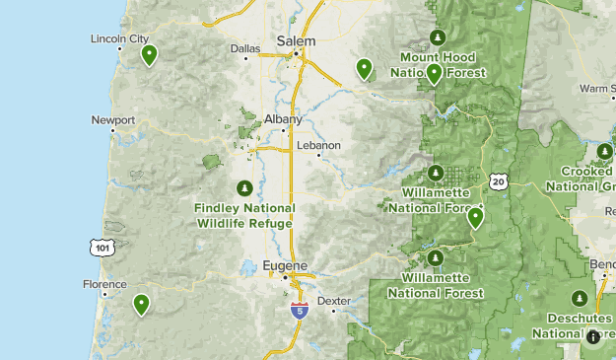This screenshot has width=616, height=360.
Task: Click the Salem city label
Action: [x=297, y=41]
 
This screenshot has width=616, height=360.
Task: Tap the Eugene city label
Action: [x=286, y=265]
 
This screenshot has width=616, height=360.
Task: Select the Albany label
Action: [x=284, y=118]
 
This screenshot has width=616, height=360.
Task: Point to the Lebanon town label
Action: [x=320, y=145]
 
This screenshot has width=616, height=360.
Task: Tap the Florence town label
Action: [x=104, y=284]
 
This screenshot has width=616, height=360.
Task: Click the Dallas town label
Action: [x=244, y=47]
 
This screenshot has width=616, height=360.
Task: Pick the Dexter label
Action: [x=334, y=301]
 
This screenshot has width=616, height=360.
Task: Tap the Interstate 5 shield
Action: [x=299, y=310]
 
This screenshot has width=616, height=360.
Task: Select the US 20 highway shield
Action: [x=499, y=181]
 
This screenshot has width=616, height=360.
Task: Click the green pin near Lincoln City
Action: [x=149, y=55]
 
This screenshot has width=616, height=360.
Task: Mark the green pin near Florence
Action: [x=142, y=305]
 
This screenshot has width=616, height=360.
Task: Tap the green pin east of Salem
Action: [x=365, y=69]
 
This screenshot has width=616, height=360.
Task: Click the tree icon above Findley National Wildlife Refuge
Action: [x=244, y=188]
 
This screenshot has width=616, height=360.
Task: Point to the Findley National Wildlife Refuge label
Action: [x=243, y=216]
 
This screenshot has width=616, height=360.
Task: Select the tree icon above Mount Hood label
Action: [x=438, y=38]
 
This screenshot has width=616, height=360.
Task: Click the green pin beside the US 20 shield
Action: [x=475, y=218]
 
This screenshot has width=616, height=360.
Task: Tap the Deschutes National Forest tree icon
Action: [x=580, y=299]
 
